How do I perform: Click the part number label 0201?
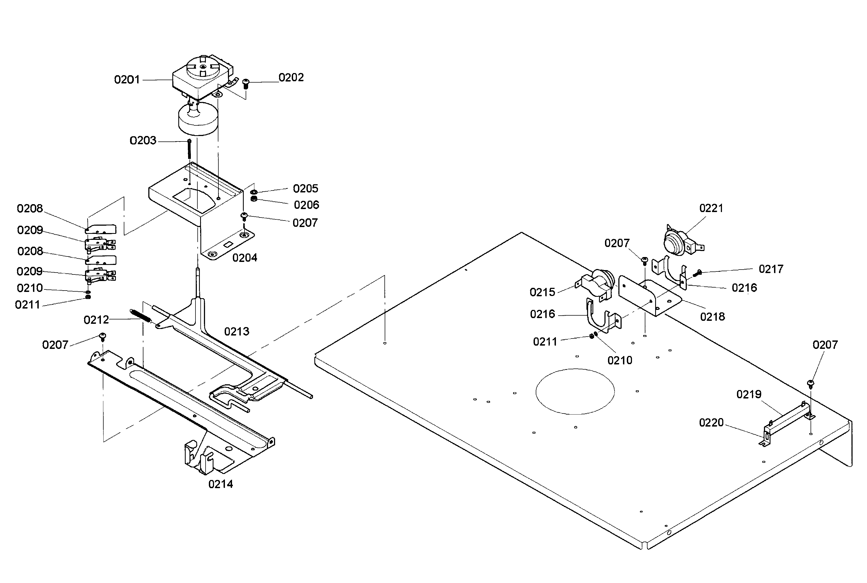pos(127,80)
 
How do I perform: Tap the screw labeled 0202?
pos(245,83)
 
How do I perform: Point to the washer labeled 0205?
pos(254,192)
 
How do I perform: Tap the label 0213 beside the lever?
pos(237,331)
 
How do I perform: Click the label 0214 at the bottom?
pos(220,484)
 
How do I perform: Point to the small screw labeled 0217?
pos(697,274)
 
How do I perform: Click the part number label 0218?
pos(712,316)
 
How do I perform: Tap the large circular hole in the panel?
pos(575,391)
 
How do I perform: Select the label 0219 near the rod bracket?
pos(749,394)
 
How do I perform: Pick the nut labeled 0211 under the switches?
pos(88,297)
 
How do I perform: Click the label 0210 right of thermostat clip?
pos(620,360)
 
